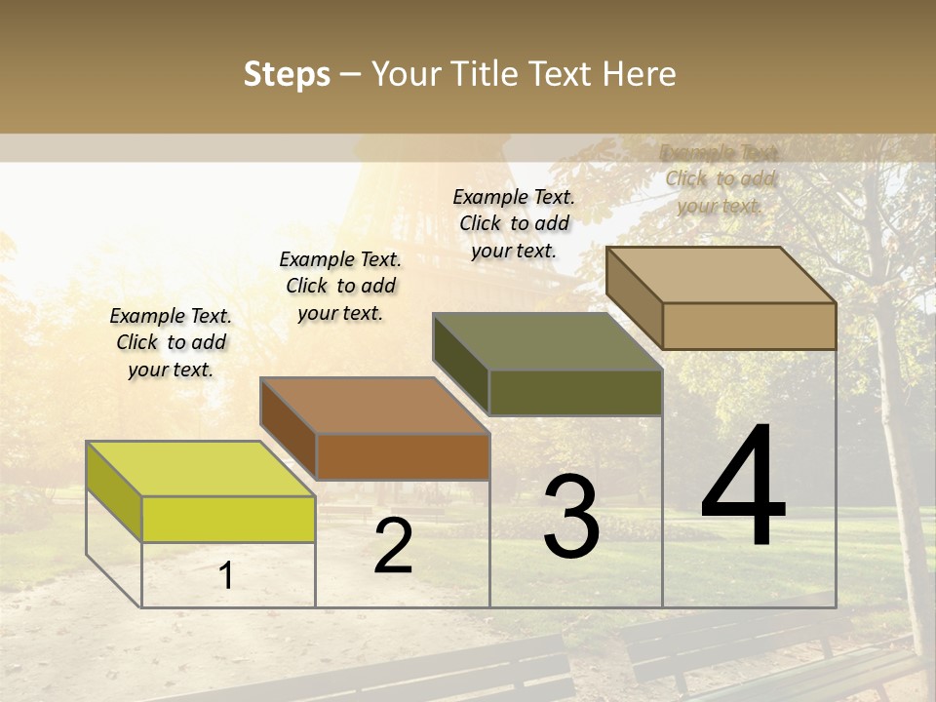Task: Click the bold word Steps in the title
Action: [x=287, y=74]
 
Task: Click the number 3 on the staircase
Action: [x=570, y=518]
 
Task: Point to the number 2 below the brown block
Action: [x=393, y=547]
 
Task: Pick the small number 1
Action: [x=226, y=575]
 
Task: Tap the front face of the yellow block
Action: [x=228, y=519]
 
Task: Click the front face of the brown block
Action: [x=402, y=456]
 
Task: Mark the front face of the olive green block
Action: [x=575, y=392]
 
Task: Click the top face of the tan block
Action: [x=721, y=274]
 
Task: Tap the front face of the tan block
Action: [x=749, y=326]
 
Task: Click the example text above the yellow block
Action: [x=171, y=342]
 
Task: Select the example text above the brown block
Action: [x=340, y=286]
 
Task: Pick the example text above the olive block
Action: [x=514, y=223]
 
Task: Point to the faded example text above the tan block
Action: [x=720, y=178]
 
